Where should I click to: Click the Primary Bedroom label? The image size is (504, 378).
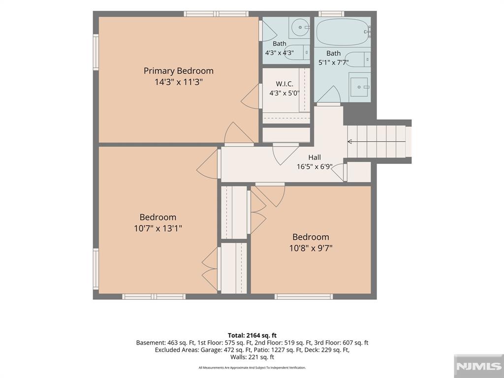point(178,71)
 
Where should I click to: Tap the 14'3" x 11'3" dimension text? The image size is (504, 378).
point(178,82)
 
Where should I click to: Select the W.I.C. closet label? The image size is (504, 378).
point(284,84)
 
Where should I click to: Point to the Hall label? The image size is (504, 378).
point(315,157)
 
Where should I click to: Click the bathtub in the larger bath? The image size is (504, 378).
point(343,32)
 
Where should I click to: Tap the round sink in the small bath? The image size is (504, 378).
point(300,28)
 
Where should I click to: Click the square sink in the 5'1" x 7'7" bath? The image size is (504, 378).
point(359,87)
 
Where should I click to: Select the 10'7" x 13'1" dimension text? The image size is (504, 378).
point(158,228)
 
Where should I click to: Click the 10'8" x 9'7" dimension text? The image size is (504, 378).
point(311,248)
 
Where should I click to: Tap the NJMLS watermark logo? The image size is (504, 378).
point(479,366)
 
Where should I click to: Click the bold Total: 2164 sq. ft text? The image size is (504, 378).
point(252,336)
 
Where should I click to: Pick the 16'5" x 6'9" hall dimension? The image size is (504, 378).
point(315,166)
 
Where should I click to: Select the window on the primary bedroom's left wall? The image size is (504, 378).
point(96,52)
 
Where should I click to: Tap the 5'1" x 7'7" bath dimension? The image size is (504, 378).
point(333,63)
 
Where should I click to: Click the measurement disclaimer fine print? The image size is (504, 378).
point(252,368)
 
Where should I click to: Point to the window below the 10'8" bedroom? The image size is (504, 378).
point(304,296)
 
